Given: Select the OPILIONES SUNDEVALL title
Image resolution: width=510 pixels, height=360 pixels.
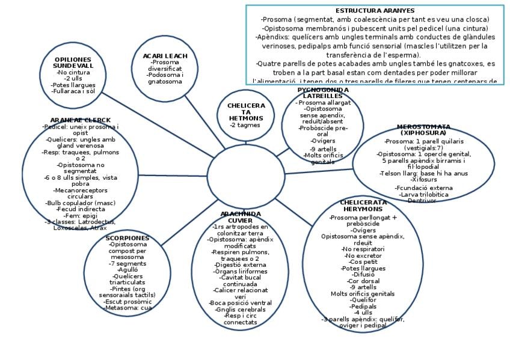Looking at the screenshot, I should click(x=73, y=63).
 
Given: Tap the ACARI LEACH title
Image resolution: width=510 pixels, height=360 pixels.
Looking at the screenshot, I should click(x=165, y=56).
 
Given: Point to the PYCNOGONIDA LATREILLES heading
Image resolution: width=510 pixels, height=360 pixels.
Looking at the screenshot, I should click(x=323, y=93).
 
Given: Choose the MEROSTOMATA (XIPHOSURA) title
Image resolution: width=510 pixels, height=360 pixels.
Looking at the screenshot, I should click(x=423, y=129).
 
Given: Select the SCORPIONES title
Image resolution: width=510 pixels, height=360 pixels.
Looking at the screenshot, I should click(x=127, y=238).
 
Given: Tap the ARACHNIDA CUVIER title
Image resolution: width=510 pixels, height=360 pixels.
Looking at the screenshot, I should click(x=241, y=217).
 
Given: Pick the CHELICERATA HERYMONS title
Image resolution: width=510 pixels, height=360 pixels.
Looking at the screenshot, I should click(x=363, y=206).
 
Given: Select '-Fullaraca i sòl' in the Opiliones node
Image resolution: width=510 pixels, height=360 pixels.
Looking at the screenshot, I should click(x=73, y=91).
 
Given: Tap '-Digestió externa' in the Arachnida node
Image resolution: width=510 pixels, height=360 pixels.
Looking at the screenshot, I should click(x=241, y=264).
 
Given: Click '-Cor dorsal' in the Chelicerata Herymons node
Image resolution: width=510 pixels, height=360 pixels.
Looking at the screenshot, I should click(x=363, y=281).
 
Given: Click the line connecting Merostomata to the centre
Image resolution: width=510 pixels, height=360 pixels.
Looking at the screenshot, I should click(x=319, y=170).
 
